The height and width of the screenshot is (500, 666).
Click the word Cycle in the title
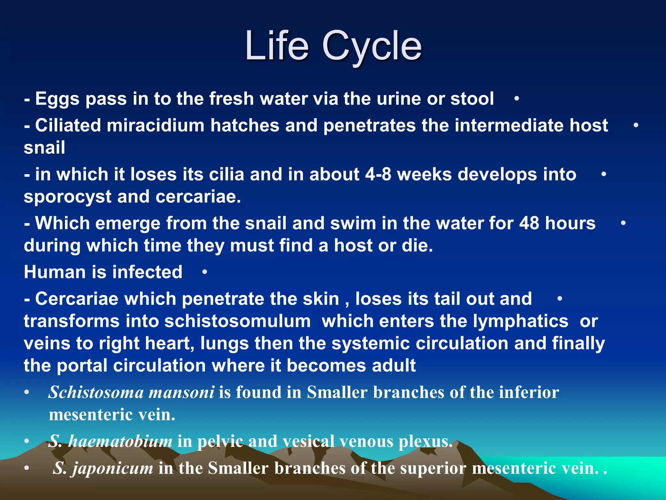click(371, 46)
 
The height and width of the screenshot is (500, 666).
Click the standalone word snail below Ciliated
click(45, 147)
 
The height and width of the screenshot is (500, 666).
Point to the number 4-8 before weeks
click(378, 174)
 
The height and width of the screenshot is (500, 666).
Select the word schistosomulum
click(237, 321)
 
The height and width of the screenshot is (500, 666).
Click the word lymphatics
click(520, 321)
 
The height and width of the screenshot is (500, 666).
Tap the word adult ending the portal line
click(393, 366)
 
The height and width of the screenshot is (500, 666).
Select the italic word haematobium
click(120, 441)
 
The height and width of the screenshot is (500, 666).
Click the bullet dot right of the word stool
click(516, 99)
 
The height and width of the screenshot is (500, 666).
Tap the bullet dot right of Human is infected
click(205, 272)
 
